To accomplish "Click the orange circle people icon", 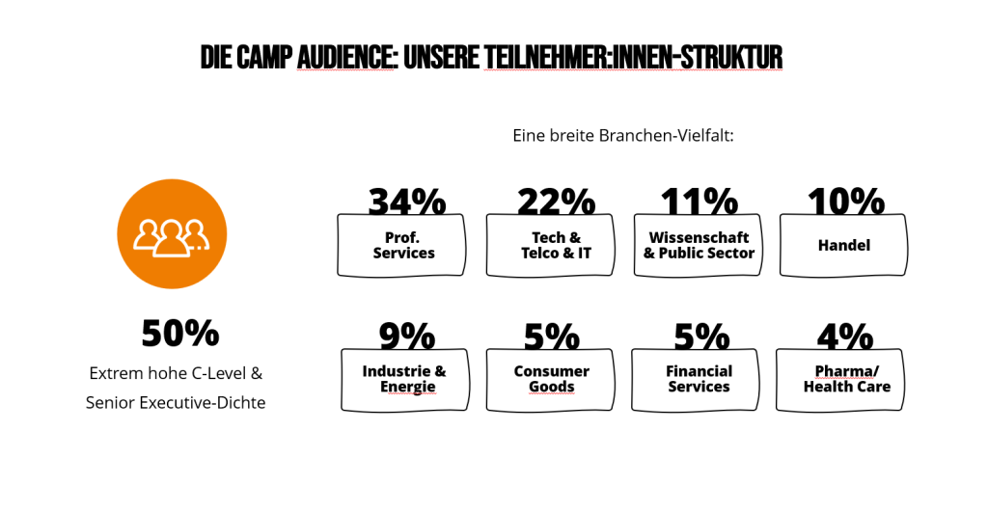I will [x=172, y=233].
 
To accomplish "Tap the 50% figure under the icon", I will [x=180, y=334].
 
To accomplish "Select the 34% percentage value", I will [x=406, y=202].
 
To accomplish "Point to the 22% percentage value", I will [x=556, y=202].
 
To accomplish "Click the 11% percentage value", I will [x=699, y=202].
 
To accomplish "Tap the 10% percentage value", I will [x=845, y=202].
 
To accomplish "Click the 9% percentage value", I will [x=406, y=337].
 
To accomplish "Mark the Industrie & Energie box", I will [x=404, y=379].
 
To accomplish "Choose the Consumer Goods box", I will [x=551, y=379].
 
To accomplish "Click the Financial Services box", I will [x=699, y=379].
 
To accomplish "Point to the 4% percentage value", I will [x=844, y=337].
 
